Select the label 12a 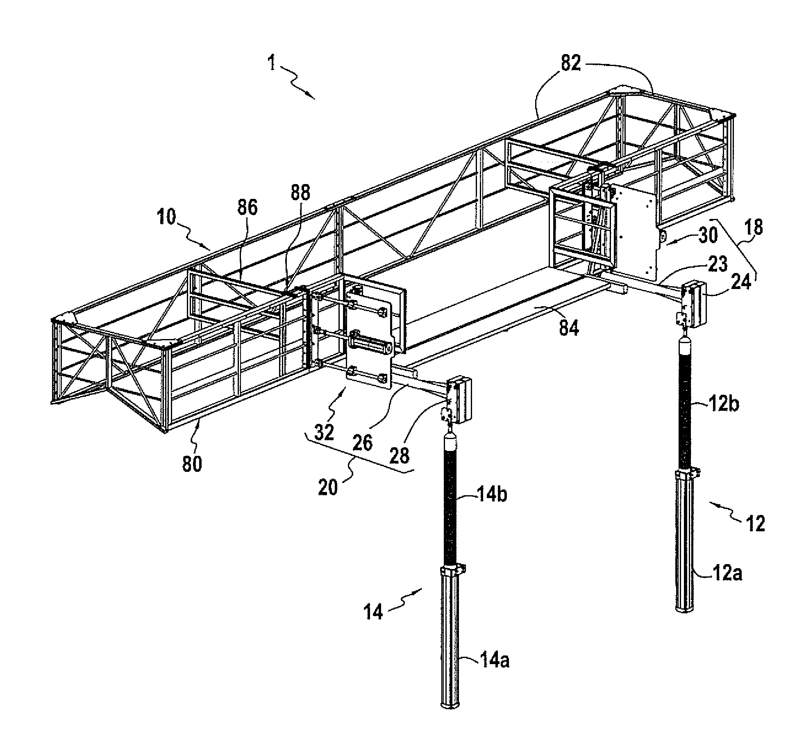click(x=727, y=574)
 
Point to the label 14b click(x=491, y=495)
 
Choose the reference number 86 click(x=248, y=207)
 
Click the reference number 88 click(x=301, y=192)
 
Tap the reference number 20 click(x=328, y=487)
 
